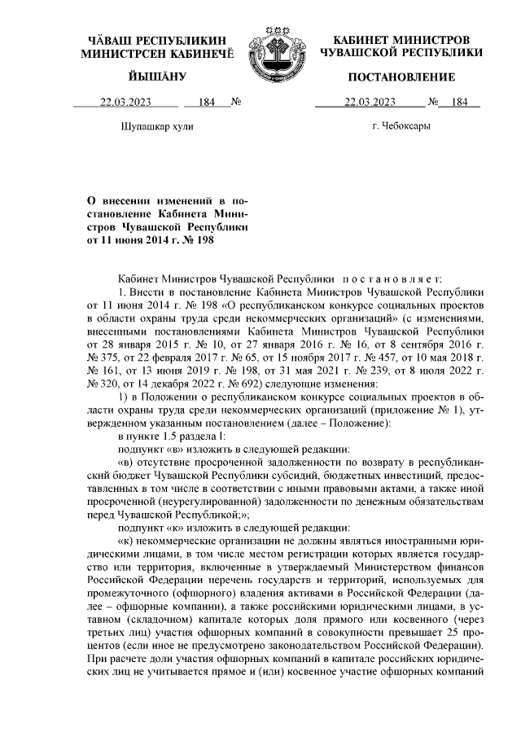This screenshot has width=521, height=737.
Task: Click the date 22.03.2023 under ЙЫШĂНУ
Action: (x=125, y=102)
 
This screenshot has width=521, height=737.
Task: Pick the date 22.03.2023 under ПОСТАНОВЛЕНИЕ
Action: (x=370, y=102)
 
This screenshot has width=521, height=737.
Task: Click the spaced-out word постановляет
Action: (x=397, y=279)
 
